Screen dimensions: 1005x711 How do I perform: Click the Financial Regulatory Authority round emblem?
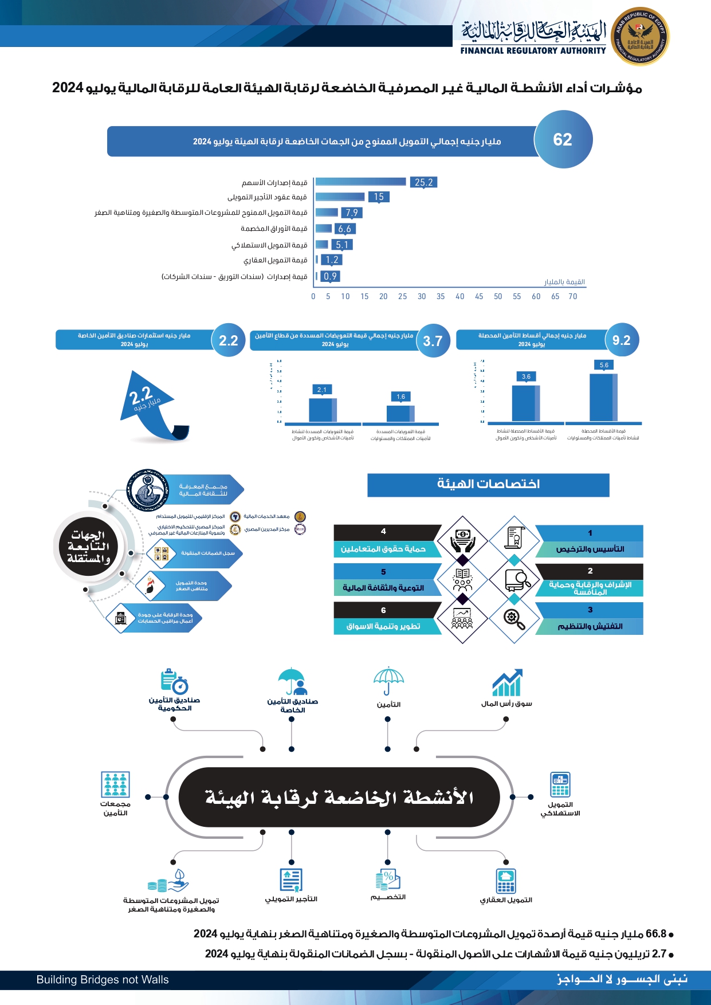pos(640,37)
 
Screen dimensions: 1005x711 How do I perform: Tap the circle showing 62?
pos(563,140)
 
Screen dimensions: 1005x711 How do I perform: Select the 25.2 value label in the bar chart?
pos(423,182)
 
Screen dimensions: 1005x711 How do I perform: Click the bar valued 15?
pos(340,197)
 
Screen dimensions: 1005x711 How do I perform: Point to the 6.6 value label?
pos(344,229)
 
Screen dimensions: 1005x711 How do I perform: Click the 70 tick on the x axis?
pos(573,297)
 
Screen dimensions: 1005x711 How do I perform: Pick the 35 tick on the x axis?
pos(441,297)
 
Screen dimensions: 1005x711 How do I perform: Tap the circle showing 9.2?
pos(622,340)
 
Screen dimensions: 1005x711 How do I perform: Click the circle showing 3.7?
pos(433,341)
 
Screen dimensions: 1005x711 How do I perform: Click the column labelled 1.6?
pos(400,413)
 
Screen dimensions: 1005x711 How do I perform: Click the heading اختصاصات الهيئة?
pos(488,485)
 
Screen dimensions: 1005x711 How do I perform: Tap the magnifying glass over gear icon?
pos(514,619)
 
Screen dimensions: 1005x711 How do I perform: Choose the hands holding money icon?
pos(462,541)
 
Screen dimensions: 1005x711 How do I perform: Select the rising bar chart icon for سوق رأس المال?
pos(507,682)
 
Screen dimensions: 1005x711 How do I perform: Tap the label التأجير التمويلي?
pos(291,899)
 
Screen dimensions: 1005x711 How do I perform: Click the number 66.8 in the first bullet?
pos(656,934)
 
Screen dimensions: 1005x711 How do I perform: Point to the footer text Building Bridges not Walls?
pos(103,980)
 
